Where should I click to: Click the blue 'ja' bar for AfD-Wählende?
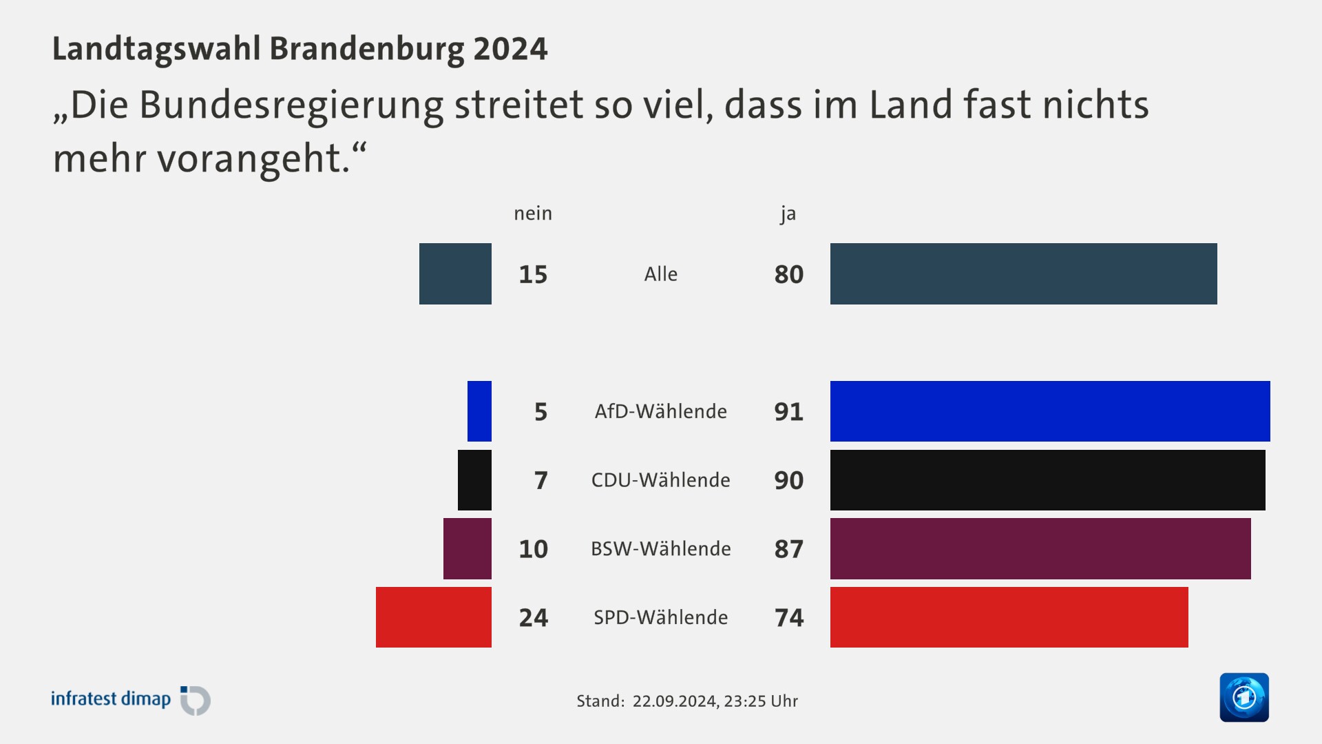point(1050,411)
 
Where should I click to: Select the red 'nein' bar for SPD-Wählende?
point(434,617)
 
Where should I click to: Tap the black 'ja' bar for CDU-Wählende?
point(1047,480)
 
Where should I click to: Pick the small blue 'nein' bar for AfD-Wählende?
point(479,411)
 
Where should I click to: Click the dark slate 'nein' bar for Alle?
point(455,273)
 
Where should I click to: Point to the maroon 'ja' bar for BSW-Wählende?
point(1040,549)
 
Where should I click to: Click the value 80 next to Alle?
point(788,274)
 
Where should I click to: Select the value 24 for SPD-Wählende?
point(533,617)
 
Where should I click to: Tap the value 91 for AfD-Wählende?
point(788,411)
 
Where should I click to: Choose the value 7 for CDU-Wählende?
point(541,480)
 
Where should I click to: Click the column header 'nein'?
point(533,214)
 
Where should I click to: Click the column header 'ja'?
point(788,214)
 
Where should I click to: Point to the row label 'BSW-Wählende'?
point(660,549)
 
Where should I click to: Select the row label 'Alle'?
point(660,274)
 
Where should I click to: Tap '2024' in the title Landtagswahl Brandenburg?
point(510,49)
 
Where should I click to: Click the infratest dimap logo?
point(131,700)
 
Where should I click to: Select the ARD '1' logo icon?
point(1244,697)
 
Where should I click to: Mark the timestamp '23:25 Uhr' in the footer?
point(761,701)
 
